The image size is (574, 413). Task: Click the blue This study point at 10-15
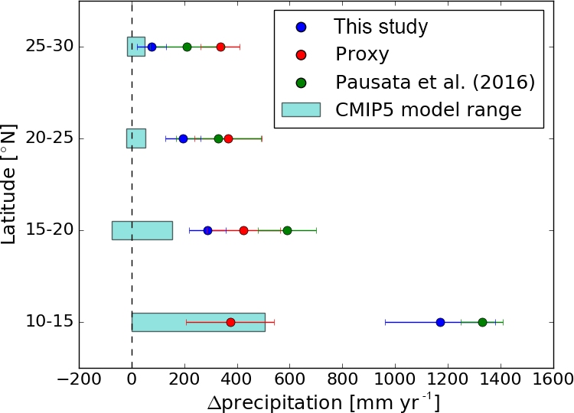tap(440, 322)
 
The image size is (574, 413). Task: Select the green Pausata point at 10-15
tap(482, 322)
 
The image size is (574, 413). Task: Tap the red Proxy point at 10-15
tap(230, 322)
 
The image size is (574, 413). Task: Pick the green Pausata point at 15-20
tap(287, 230)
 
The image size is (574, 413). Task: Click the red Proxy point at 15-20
tap(243, 230)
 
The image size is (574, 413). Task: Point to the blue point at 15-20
tap(207, 230)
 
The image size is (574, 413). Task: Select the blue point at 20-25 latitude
tap(183, 138)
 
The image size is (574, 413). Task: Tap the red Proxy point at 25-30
tap(220, 47)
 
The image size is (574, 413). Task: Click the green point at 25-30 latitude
tap(187, 47)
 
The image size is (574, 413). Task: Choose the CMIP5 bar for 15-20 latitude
tap(142, 230)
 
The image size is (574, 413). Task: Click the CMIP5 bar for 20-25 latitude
tap(136, 138)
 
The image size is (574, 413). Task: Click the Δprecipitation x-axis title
tap(324, 402)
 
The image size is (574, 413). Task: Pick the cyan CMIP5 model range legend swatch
tap(301, 109)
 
